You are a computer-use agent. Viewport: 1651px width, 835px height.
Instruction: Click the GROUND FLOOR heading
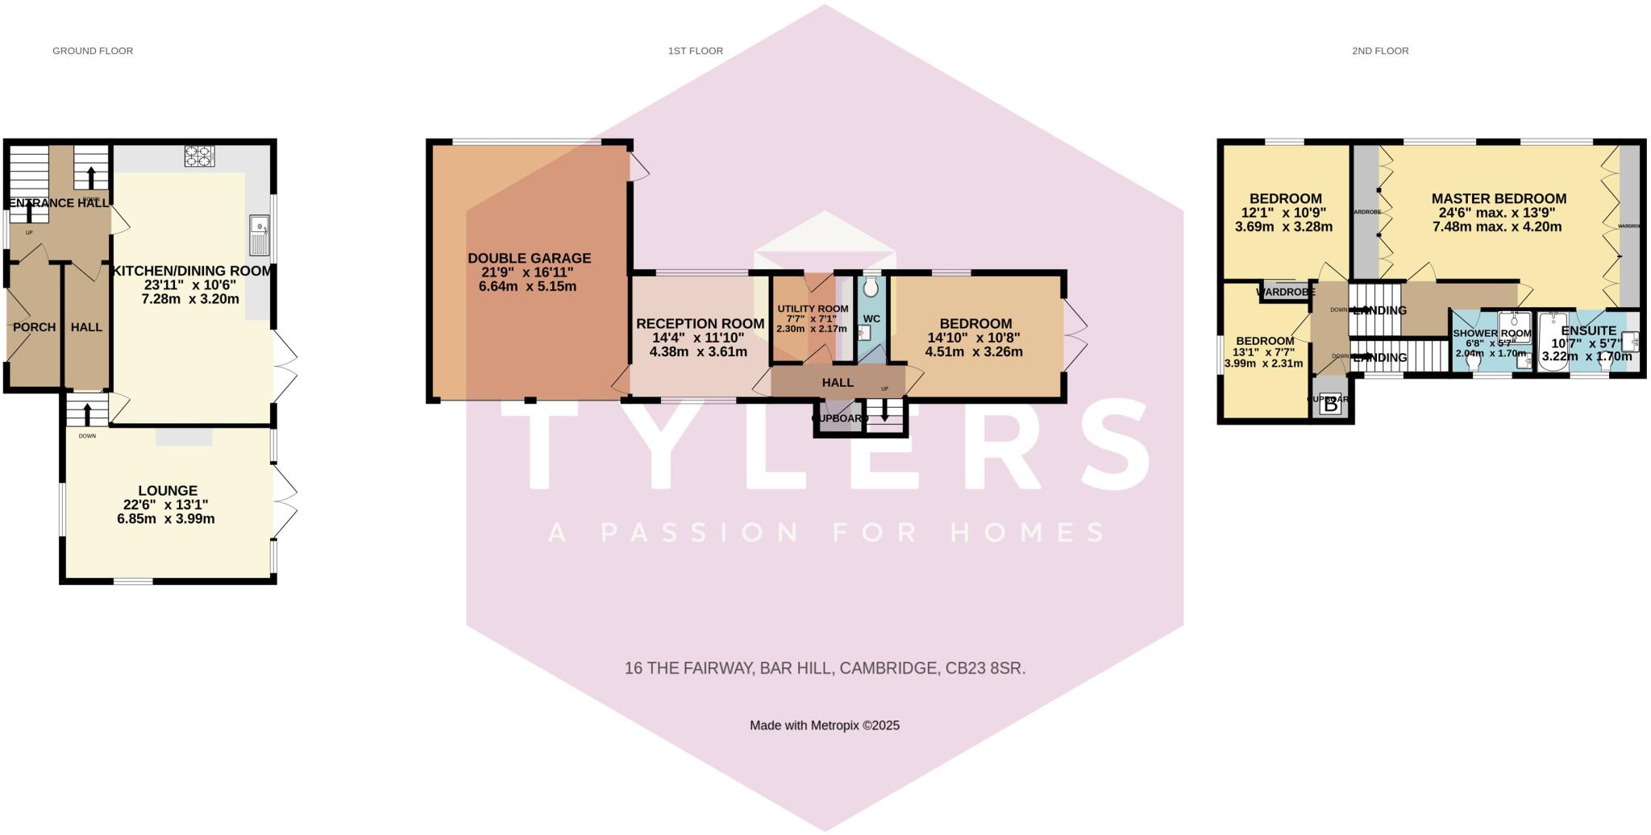(x=93, y=51)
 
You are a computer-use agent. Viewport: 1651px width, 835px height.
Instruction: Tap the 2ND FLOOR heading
(x=1380, y=51)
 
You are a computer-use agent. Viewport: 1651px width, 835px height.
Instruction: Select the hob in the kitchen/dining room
(x=199, y=156)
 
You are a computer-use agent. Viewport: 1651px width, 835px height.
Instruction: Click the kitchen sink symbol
(x=260, y=235)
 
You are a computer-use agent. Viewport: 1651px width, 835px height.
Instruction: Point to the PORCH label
(x=35, y=327)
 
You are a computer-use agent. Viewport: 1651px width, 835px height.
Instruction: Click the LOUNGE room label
(x=168, y=490)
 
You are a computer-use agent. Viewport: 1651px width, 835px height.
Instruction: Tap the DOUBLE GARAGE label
(x=530, y=259)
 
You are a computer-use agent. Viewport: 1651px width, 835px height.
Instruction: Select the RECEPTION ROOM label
(x=700, y=324)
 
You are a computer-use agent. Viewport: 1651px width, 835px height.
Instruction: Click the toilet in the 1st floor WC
(x=870, y=288)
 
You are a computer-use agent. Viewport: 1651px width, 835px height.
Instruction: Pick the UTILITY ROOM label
(x=813, y=309)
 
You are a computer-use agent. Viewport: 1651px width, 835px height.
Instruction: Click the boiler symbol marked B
(x=1330, y=405)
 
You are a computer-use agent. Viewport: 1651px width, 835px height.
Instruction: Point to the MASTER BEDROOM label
(x=1499, y=198)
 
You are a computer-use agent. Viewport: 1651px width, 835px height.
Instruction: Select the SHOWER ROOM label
(x=1491, y=334)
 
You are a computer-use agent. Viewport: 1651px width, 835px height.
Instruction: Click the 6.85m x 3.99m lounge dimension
(x=166, y=519)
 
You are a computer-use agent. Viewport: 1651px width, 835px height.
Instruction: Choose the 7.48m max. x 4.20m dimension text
(x=1497, y=227)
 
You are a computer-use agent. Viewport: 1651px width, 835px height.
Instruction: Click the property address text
(x=825, y=668)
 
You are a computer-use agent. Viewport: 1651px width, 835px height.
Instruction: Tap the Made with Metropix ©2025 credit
(x=825, y=725)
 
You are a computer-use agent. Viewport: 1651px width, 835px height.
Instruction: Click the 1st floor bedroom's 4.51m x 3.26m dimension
(x=974, y=352)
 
